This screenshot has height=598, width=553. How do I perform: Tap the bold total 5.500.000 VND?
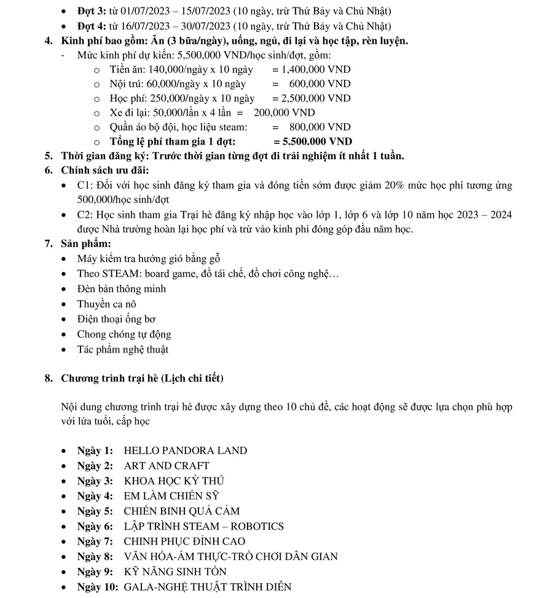(x=317, y=142)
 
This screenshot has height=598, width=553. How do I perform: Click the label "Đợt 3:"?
(x=92, y=12)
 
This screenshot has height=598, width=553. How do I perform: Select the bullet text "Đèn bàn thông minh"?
(x=121, y=289)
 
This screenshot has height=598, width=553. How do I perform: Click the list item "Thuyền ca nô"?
(x=106, y=304)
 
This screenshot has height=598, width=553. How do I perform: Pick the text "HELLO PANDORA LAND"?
(x=186, y=450)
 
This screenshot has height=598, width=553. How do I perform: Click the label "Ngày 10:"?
(x=98, y=587)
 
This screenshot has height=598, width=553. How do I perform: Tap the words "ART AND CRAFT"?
(x=167, y=466)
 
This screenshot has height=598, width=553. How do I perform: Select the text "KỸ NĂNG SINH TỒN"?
(x=175, y=572)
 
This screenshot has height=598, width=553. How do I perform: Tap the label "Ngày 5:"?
(x=95, y=511)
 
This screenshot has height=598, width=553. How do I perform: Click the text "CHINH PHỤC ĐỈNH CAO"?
(x=184, y=541)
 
